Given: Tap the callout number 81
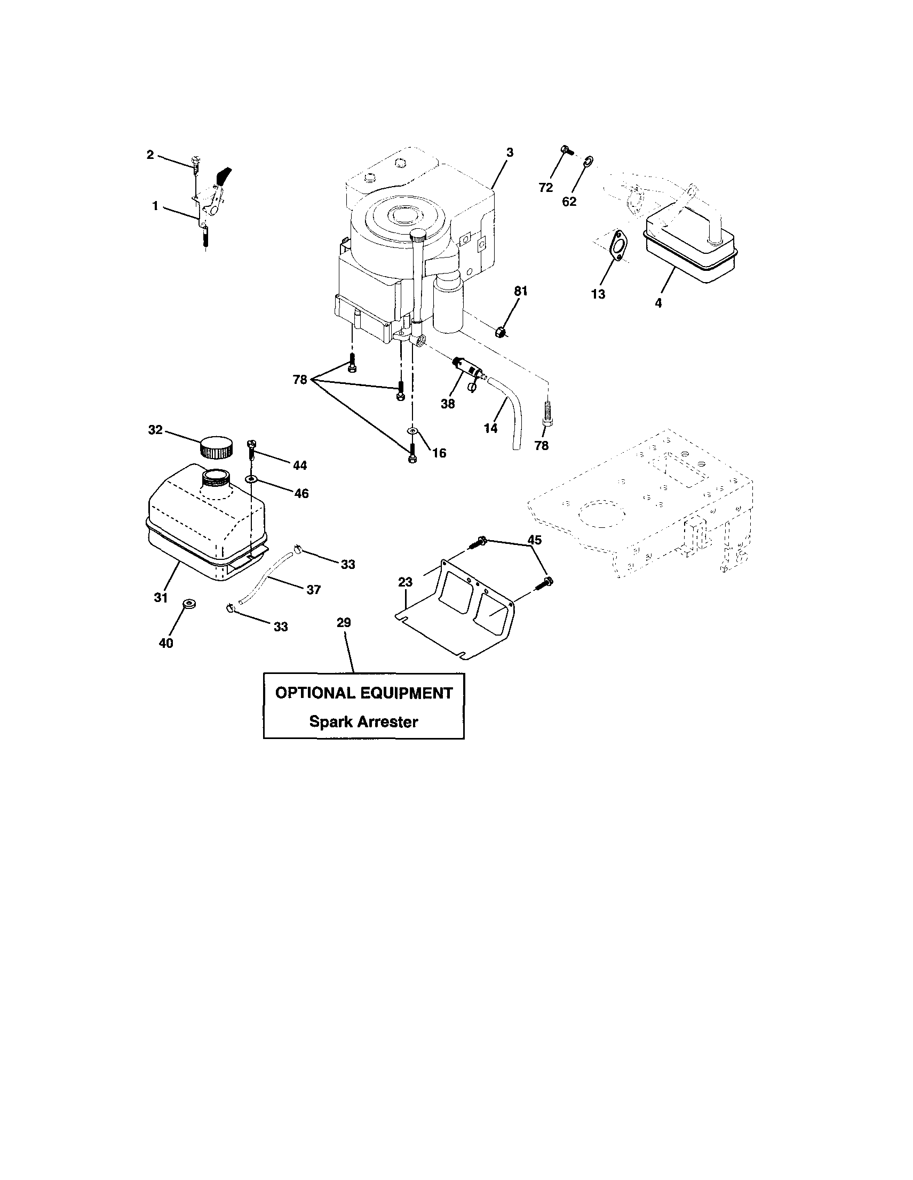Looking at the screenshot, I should (x=520, y=291).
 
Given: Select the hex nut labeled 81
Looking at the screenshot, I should (x=501, y=331).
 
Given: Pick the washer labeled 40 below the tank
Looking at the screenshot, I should (x=189, y=604).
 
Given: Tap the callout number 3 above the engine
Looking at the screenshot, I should (x=509, y=152).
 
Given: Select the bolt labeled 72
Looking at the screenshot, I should (x=566, y=150).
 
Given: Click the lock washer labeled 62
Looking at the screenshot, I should (x=589, y=160).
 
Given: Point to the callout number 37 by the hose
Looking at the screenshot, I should (x=314, y=590).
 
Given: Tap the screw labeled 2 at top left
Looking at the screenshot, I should (x=196, y=163).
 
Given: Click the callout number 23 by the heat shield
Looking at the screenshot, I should (x=405, y=582).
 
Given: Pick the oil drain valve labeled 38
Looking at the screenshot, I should (x=469, y=367).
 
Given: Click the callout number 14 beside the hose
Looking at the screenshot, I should (x=490, y=429).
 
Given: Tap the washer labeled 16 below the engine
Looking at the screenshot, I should (x=412, y=431).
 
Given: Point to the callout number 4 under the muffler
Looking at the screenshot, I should (x=658, y=303).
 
